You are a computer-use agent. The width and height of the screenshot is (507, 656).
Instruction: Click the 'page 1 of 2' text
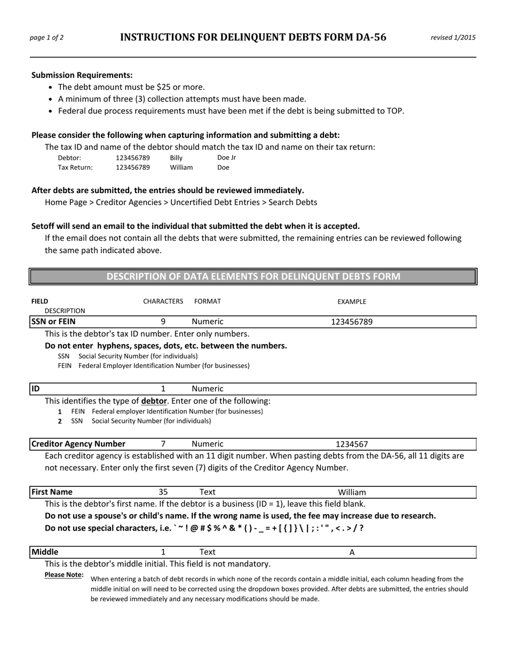pos(47,37)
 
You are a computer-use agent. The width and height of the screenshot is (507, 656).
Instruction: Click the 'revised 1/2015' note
pos(453,37)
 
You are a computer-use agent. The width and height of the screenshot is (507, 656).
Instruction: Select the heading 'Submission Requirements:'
pos(82,75)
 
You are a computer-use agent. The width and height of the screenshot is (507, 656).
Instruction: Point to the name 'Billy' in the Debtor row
pos(176,158)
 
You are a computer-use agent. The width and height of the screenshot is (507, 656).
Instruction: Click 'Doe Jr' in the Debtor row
pos(227,158)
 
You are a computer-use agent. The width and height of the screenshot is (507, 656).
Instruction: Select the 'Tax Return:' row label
pos(75,167)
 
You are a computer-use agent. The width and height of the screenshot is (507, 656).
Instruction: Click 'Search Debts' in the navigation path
pos(292,202)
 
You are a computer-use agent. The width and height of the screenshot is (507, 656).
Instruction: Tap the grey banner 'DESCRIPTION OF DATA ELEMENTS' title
pos(253,276)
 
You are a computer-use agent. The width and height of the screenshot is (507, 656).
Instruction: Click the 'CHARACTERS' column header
pos(163,301)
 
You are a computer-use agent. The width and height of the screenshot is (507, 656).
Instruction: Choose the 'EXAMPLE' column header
pos(352,302)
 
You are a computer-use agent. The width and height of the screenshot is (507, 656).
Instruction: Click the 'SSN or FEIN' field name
pos(53,322)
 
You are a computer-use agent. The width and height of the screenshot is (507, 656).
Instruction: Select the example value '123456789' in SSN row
pos(352,322)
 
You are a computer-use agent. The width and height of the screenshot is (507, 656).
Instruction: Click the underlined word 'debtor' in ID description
pos(154,401)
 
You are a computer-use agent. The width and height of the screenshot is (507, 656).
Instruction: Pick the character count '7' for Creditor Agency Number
pos(163,444)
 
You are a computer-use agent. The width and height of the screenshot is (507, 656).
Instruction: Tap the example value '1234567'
pos(352,444)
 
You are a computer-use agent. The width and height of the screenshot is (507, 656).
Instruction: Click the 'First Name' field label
pos(52,492)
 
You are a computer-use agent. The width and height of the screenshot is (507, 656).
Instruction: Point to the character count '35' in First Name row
pos(163,492)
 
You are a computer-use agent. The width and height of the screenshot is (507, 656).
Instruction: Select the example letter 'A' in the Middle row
pos(352,553)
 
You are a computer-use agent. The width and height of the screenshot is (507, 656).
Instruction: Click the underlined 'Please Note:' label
pos(64,575)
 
